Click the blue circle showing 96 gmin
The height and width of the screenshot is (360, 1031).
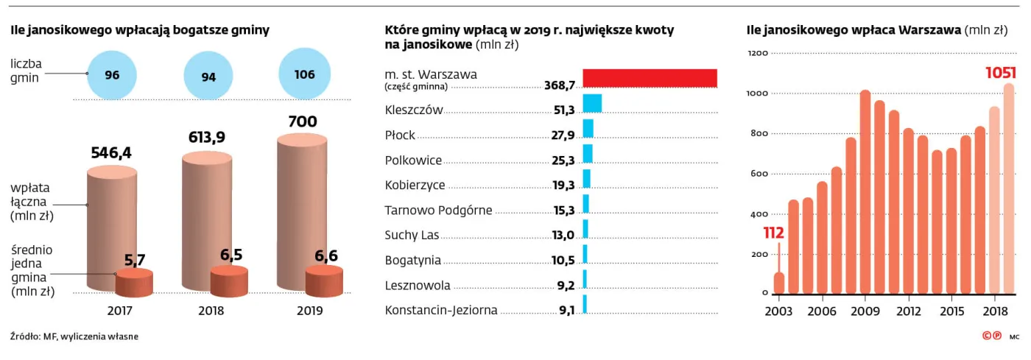click(x=112, y=74)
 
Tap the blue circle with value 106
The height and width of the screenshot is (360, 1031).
click(x=304, y=74)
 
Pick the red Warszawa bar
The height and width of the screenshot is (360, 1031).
click(x=650, y=78)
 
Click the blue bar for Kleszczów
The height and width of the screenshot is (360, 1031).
click(x=592, y=103)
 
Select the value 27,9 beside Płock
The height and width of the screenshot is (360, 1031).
click(x=563, y=135)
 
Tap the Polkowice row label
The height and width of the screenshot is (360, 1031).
click(x=413, y=160)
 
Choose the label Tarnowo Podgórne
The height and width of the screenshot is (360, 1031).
click(x=438, y=211)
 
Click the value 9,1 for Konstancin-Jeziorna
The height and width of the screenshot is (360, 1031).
click(x=566, y=310)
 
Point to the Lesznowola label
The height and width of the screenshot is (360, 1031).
click(x=418, y=286)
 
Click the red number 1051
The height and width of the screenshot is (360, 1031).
click(x=1001, y=73)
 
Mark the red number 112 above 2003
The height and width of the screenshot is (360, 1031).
click(x=774, y=233)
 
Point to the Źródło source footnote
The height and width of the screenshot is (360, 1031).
click(x=74, y=336)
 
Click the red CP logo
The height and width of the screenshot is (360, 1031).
click(x=992, y=336)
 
